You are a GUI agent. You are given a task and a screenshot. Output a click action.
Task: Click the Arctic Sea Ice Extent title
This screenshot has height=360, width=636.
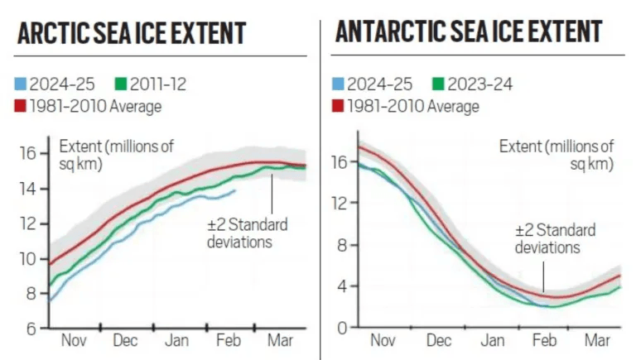(132, 34)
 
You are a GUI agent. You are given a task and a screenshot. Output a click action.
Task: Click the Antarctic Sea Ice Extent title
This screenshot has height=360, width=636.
(468, 31)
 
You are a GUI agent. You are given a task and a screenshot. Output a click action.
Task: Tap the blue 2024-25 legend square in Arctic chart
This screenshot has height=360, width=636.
(21, 84)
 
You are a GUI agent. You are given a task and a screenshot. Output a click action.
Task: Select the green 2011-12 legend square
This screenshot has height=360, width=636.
(121, 84)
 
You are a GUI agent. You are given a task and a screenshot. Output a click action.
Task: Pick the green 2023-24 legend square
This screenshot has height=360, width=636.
(439, 84)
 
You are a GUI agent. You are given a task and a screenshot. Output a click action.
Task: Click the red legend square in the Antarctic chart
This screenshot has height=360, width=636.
(338, 107)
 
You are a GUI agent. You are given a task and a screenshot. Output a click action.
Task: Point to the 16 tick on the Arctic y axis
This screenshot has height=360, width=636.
(27, 154)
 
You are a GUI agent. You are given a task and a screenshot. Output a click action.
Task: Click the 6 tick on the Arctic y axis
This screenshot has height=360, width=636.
(31, 329)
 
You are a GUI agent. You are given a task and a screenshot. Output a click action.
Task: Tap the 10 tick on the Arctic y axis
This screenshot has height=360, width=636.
(27, 259)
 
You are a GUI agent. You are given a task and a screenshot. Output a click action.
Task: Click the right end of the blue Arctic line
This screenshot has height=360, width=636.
(235, 190)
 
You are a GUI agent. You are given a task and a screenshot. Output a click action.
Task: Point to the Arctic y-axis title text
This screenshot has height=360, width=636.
(116, 154)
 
